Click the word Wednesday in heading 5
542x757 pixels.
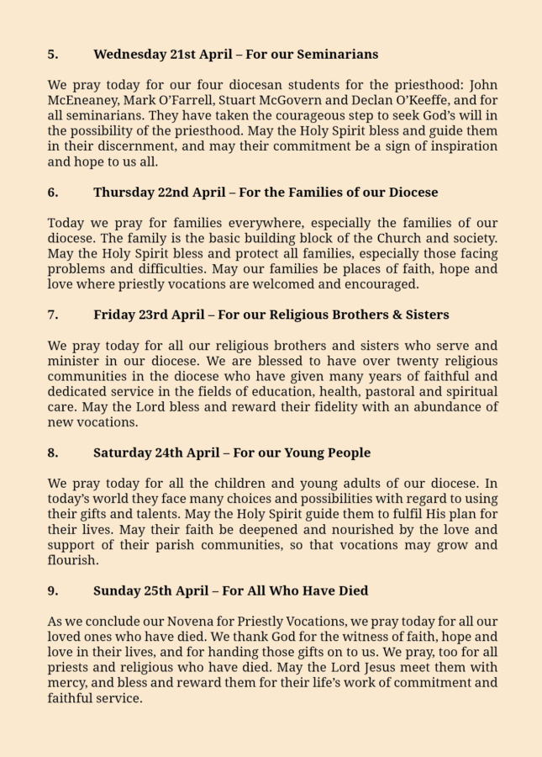129,55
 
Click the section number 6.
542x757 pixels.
52,193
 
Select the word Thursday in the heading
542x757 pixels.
124,193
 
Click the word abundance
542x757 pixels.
435,407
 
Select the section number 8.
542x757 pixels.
52,453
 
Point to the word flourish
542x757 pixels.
72,560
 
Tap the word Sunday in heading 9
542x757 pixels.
117,591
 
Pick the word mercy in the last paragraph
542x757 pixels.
68,683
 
